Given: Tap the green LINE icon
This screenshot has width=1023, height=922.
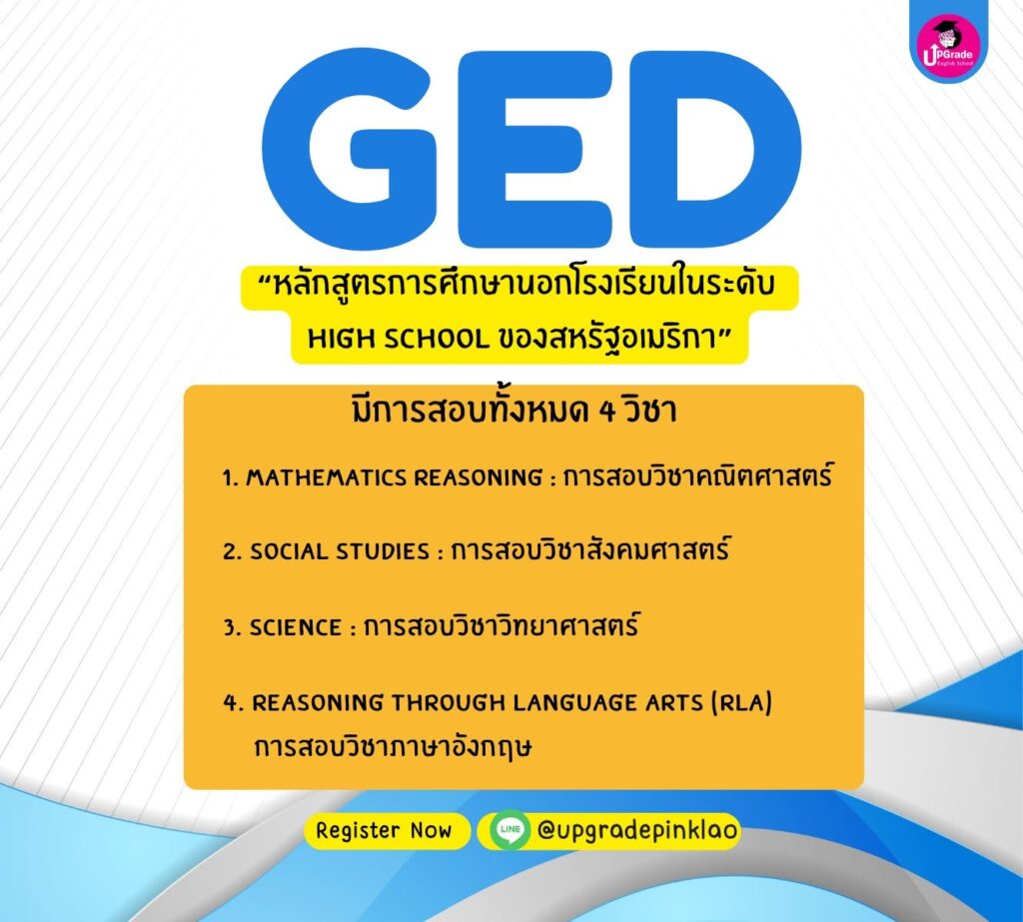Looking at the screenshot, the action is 510,829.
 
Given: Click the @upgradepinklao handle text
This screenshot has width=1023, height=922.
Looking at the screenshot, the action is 637,830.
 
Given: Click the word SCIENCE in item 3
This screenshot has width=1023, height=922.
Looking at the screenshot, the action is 296,627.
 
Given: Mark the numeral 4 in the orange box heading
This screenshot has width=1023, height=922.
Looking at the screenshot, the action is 606,412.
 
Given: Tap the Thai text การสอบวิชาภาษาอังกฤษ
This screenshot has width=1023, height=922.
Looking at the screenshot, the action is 393,746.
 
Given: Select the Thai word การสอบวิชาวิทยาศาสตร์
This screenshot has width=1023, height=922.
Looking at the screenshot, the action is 502,625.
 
